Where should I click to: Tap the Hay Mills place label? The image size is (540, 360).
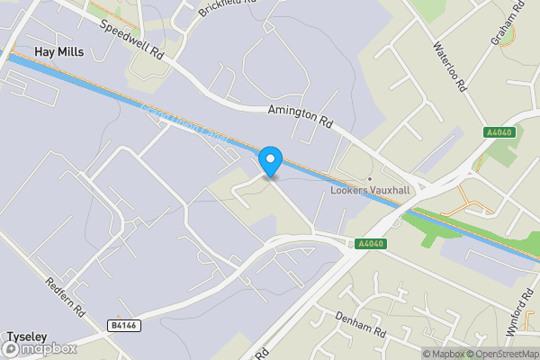click(58, 52)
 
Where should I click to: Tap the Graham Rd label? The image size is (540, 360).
click(507, 24)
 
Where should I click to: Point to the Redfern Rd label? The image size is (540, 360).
click(67, 295)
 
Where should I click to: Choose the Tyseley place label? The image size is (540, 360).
click(26, 336)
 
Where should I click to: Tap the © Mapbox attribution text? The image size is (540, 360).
click(444, 353)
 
